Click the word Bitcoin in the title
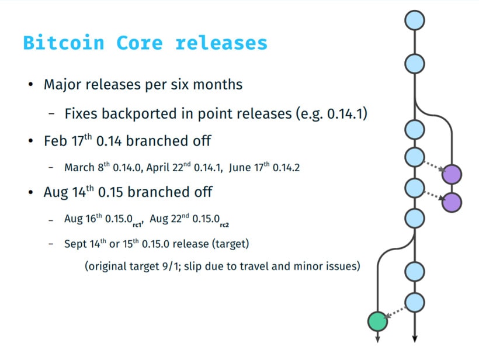[x=64, y=43]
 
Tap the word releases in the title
[x=221, y=43]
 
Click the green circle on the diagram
[x=377, y=321]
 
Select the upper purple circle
[x=452, y=174]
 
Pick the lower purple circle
[x=452, y=202]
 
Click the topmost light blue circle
[x=415, y=20]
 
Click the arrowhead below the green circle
[x=377, y=338]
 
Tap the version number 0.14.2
[x=286, y=168]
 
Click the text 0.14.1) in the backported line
[x=347, y=114]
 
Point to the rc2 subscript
[x=224, y=225]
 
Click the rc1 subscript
[x=138, y=225]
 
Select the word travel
[x=252, y=266]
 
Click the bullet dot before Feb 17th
[x=30, y=141]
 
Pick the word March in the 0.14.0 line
[x=79, y=168]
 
